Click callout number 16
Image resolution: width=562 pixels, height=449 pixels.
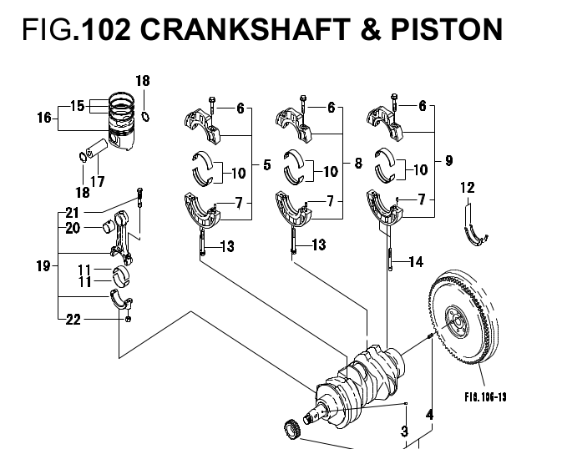[x=44, y=117]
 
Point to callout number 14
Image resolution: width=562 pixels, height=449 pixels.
[x=416, y=262]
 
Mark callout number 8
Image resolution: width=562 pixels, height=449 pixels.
[x=357, y=164]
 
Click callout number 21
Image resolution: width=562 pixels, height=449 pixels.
[x=72, y=212]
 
